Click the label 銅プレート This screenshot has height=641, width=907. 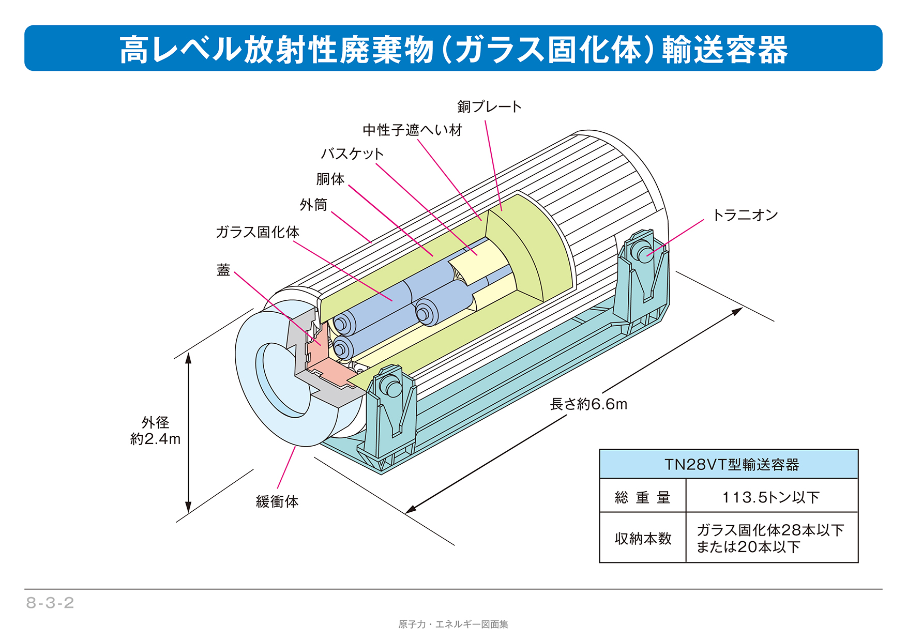489,107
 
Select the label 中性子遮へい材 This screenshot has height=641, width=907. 412,130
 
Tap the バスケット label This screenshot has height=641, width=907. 352,154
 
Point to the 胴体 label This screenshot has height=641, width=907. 330,179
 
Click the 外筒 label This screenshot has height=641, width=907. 313,205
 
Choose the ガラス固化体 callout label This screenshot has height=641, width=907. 257,232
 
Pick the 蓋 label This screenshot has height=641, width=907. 223,270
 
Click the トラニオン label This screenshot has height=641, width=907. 745,215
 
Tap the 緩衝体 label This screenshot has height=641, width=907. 277,501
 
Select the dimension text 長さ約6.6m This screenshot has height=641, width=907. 588,404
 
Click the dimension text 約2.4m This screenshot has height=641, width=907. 155,439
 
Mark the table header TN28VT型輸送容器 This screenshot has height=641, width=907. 731,465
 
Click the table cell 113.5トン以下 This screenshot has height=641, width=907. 770,497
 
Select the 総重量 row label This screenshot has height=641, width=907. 642,497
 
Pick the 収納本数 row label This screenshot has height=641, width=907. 643,539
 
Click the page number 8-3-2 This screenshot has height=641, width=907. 50,603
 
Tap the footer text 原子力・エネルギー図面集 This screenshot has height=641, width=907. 453,624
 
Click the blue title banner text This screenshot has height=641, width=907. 453,50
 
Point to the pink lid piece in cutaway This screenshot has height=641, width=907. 331,372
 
